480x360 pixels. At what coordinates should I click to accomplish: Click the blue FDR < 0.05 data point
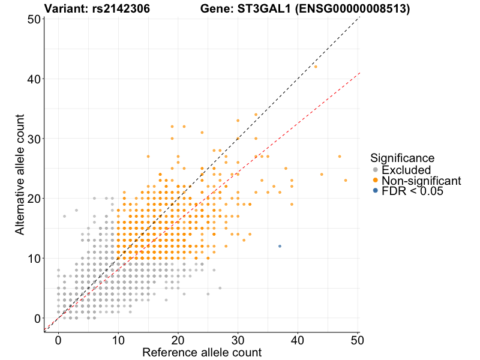point(280,246)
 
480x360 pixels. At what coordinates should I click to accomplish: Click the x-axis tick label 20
point(178,340)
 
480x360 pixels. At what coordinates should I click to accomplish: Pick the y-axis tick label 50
point(34,19)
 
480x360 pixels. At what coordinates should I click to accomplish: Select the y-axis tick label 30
point(34,139)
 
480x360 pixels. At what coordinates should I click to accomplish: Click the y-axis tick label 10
point(34,258)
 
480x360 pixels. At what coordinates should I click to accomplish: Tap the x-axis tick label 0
point(58,340)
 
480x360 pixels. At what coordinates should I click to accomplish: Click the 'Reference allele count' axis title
point(202,352)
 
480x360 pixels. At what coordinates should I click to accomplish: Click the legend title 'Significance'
point(402,158)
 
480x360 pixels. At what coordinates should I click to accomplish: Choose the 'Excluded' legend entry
point(406,170)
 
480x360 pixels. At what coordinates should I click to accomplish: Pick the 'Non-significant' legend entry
point(421,181)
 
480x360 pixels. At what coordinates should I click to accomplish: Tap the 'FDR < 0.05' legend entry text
point(412,191)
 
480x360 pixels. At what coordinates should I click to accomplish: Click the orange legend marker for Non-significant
point(376,180)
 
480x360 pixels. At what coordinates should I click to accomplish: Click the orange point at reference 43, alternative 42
point(316,67)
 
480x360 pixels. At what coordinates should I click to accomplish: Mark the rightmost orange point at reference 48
point(346,180)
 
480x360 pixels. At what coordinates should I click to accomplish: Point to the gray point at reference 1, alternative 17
point(64,216)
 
